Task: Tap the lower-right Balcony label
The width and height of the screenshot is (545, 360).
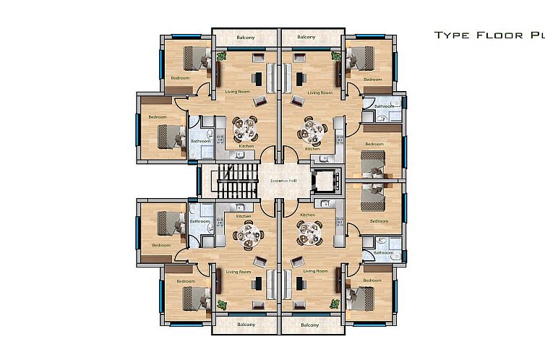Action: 309,325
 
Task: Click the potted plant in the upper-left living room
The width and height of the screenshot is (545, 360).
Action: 221,55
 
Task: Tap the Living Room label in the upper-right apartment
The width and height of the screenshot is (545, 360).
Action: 319,93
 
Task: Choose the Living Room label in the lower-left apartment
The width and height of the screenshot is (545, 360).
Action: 237,271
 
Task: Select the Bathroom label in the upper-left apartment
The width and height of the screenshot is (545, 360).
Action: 199,141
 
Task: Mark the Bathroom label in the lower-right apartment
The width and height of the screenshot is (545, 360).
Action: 383,253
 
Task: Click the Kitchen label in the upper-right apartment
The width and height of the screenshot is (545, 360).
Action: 312,149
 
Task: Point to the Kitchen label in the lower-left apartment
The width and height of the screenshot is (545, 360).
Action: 244,215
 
